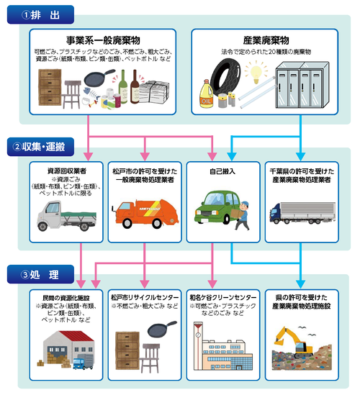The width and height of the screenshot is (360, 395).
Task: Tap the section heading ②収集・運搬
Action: click(40, 147)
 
